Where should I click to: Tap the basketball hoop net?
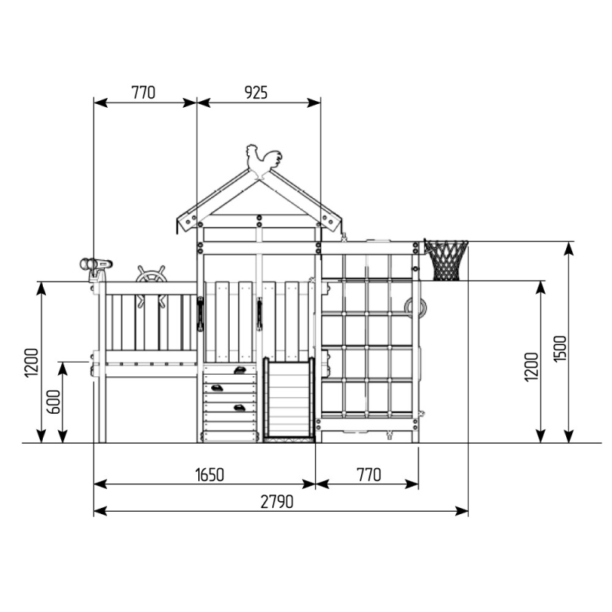[446, 260]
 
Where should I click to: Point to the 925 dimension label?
[256, 93]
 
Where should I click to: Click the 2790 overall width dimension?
[277, 502]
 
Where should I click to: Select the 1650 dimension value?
[210, 475]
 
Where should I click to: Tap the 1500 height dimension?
[560, 349]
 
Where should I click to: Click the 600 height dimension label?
[54, 402]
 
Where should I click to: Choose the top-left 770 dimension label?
[143, 93]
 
